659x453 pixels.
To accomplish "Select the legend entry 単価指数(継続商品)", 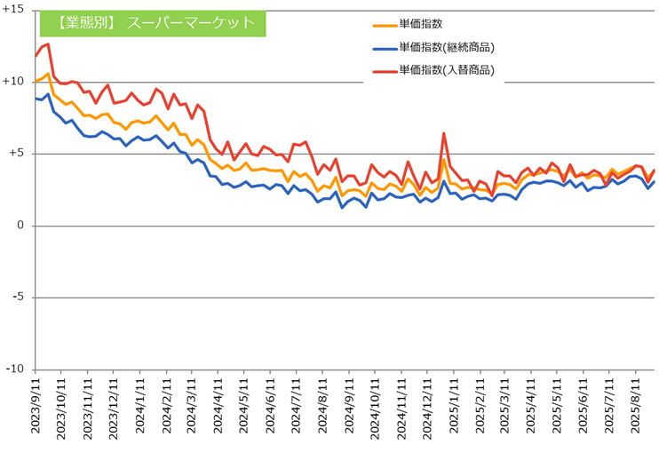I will click(x=447, y=47).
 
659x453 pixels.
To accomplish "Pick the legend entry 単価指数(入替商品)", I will click(x=447, y=69).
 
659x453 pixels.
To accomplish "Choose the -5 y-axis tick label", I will click(x=18, y=298).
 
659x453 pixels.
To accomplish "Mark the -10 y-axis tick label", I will click(x=14, y=370).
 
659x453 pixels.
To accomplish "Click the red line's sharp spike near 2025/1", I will click(x=443, y=134).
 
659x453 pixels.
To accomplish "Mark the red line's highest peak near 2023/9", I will click(x=47, y=44).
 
